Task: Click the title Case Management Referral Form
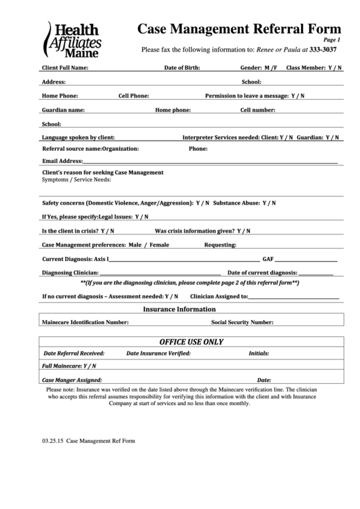point(240,29)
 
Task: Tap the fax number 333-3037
point(323,50)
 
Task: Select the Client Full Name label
point(65,69)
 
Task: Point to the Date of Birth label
point(182,69)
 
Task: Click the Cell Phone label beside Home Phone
point(134,96)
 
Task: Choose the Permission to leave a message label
point(247,96)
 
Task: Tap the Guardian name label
point(63,109)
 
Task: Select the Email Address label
point(62,161)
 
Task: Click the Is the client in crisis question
point(71,230)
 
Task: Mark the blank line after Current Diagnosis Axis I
point(183,260)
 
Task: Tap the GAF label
point(268,259)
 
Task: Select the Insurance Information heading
point(179,309)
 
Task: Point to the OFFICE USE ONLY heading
point(192,341)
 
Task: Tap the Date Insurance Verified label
point(158,353)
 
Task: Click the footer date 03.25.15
point(52,440)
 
